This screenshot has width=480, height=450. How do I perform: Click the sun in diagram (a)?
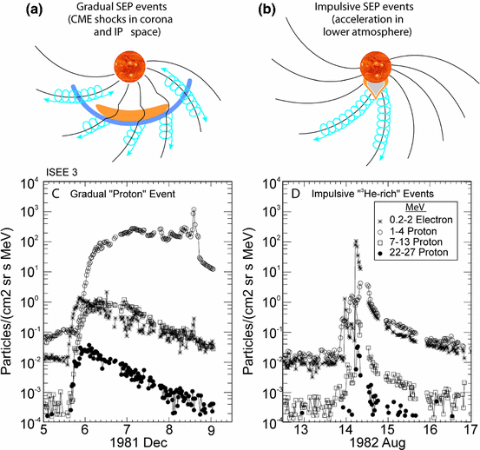[136, 71]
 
